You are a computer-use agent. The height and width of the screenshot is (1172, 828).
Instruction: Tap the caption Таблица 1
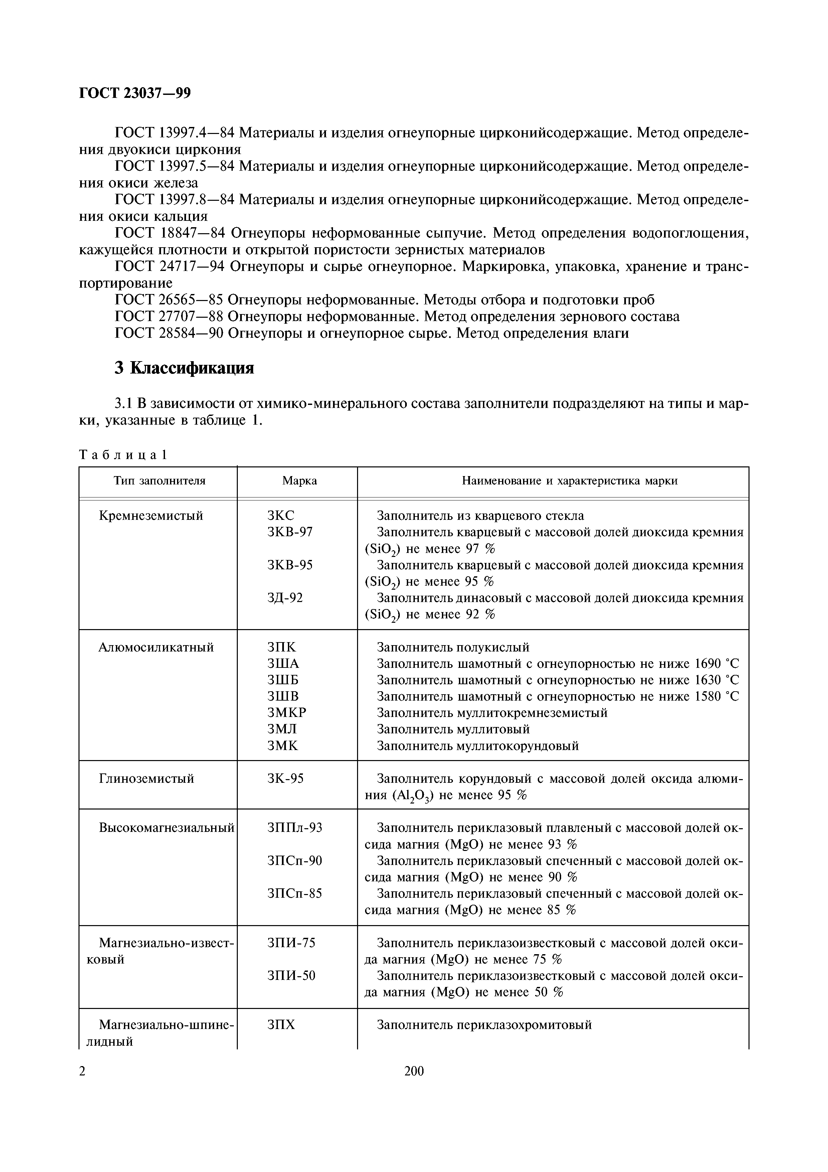[x=123, y=455]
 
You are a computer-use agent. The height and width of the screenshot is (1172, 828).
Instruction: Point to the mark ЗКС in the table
[x=281, y=516]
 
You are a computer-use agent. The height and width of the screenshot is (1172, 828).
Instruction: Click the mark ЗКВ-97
[x=290, y=532]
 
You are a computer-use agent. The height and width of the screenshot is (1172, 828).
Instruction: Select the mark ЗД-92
[x=285, y=597]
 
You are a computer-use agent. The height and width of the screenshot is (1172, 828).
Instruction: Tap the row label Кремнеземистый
[x=151, y=516]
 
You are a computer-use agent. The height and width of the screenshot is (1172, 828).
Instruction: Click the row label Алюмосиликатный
[x=156, y=647]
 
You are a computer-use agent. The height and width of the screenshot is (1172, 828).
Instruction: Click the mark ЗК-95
[x=285, y=778]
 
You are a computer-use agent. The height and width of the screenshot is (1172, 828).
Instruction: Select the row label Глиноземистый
[x=146, y=778]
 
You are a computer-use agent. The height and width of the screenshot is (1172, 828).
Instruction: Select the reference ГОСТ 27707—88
[x=169, y=316]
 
